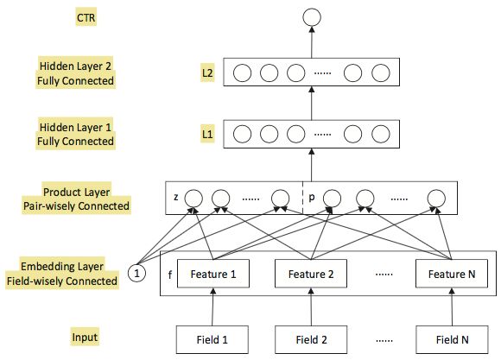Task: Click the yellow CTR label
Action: (86, 17)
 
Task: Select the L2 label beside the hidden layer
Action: (207, 73)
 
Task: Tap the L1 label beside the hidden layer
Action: (207, 134)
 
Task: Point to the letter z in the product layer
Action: (176, 197)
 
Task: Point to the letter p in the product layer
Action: (312, 198)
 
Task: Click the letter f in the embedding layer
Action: (170, 275)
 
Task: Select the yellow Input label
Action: (85, 337)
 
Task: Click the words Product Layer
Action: (76, 192)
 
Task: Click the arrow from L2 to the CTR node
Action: (312, 42)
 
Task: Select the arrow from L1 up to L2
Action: (312, 103)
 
